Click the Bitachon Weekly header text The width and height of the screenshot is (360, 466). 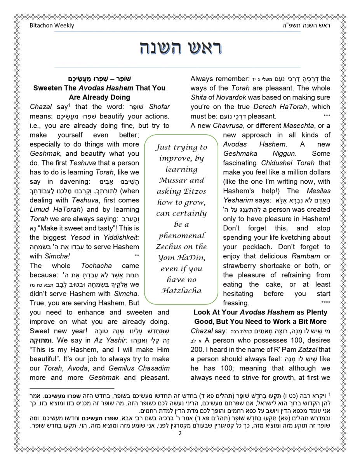click(x=52, y=26)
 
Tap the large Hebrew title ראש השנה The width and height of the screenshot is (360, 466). click(x=180, y=49)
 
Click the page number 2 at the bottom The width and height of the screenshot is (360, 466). click(x=180, y=434)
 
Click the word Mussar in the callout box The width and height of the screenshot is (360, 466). click(x=171, y=180)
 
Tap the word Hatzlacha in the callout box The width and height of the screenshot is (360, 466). click(x=181, y=290)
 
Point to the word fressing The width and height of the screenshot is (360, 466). click(x=236, y=303)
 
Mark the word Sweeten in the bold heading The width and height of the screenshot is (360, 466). click(x=49, y=88)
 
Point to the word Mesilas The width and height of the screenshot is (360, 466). click(x=317, y=191)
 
